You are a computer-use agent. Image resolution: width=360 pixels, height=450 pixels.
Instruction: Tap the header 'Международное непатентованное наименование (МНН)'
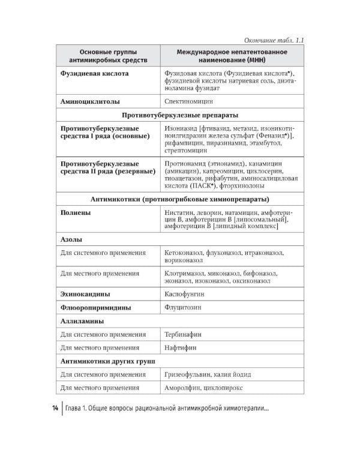[x=231, y=57]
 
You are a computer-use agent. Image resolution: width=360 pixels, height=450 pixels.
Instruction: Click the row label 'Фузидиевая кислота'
[x=94, y=74]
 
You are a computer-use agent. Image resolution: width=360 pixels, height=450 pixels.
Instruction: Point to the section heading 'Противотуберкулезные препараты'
[x=180, y=115]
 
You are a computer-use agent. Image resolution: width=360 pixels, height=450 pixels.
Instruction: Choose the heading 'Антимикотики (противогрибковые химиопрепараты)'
[x=180, y=199]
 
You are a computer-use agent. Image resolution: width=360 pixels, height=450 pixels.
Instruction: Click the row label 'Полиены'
[x=76, y=213]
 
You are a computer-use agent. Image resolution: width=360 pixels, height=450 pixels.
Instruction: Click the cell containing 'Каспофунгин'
[x=184, y=294]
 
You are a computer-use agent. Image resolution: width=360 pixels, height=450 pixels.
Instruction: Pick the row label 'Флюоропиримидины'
[x=95, y=307]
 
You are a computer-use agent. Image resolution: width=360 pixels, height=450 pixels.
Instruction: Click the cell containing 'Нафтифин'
[x=179, y=347]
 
